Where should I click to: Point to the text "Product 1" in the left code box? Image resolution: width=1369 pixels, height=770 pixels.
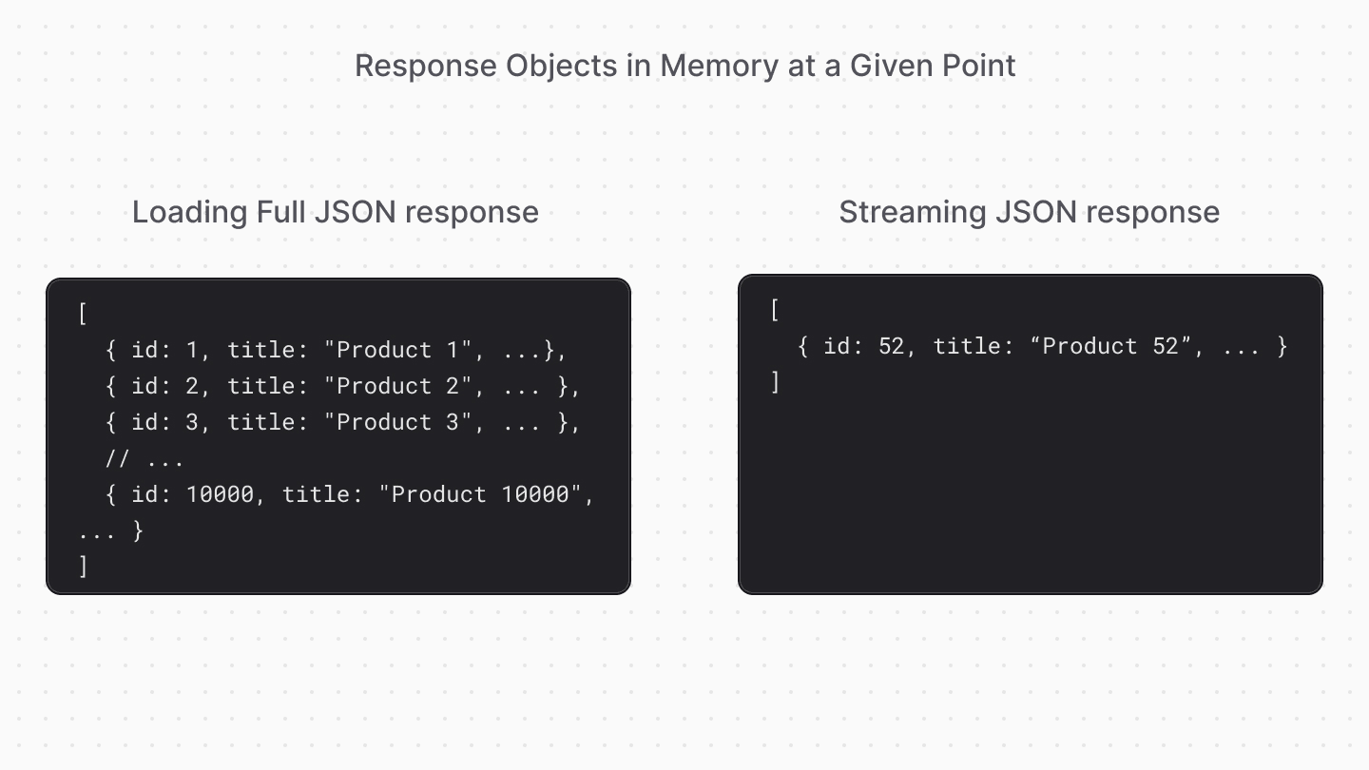397,350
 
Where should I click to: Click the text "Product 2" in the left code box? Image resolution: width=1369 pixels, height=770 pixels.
397,386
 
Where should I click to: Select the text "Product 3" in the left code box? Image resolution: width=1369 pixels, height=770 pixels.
397,422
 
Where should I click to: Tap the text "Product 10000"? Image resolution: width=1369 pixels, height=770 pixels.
487,494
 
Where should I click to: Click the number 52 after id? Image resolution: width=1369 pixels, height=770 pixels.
891,346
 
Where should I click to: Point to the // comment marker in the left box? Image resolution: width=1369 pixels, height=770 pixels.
117,458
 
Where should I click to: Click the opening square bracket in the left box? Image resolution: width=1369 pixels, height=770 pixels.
84,314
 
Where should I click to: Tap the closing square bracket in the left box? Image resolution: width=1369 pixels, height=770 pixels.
84,567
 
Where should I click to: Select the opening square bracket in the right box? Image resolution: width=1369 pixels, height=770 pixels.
776,310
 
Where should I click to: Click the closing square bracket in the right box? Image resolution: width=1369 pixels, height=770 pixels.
776,382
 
